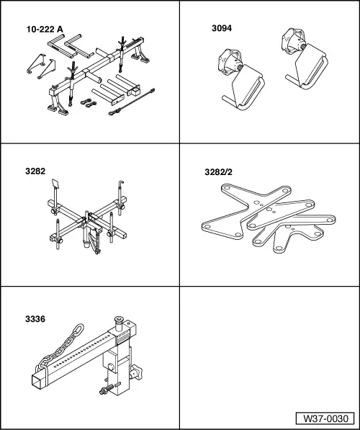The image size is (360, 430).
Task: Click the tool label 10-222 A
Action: [x=45, y=30]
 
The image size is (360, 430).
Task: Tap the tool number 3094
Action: [x=222, y=28]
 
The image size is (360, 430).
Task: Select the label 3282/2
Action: [x=218, y=172]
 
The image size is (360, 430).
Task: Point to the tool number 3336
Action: [x=35, y=319]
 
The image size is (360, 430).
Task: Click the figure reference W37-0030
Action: [x=325, y=418]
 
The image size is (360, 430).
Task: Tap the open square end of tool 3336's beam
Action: [x=37, y=380]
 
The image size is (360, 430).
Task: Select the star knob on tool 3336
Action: [x=136, y=372]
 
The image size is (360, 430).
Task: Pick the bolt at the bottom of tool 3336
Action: [x=107, y=390]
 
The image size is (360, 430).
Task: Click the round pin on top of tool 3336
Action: [x=118, y=323]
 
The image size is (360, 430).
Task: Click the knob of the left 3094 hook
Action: [x=227, y=62]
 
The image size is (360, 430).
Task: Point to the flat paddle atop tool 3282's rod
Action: [x=55, y=184]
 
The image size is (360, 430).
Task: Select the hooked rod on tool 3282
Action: [x=120, y=197]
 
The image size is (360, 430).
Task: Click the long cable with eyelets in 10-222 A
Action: [x=132, y=102]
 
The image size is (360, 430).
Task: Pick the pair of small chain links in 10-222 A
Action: [x=89, y=102]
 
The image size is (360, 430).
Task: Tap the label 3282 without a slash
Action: [x=35, y=171]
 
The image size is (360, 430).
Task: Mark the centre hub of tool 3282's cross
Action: [x=87, y=220]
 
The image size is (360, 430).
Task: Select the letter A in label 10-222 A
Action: [x=60, y=30]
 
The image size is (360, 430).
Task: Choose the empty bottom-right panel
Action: [x=269, y=357]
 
